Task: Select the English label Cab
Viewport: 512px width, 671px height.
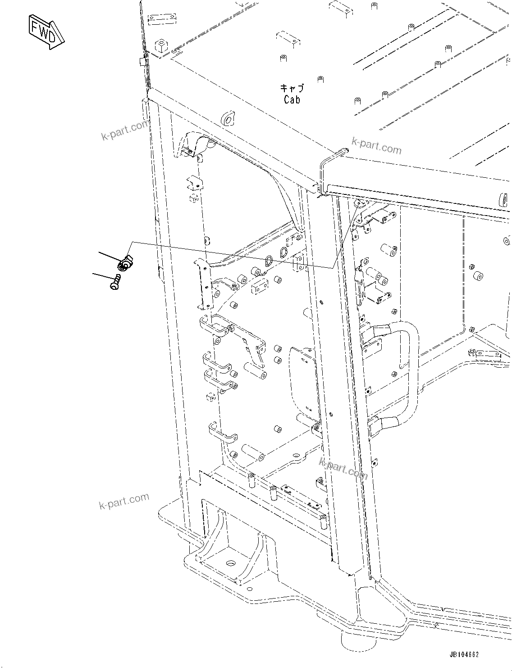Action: pos(292,99)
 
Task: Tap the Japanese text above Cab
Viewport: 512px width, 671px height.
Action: pos(292,88)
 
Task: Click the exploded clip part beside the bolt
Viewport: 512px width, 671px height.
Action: pos(125,263)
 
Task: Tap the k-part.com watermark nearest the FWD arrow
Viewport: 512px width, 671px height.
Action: pos(125,131)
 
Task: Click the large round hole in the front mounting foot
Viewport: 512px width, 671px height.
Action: pos(231,563)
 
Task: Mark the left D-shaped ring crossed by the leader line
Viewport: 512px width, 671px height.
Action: pos(269,260)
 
